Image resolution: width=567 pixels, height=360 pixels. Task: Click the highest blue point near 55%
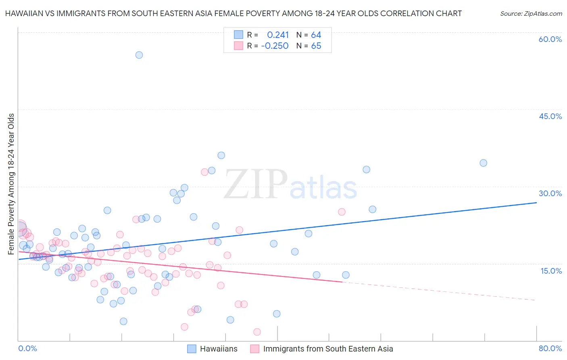coord(139,55)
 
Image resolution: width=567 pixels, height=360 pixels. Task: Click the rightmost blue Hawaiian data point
coord(483,163)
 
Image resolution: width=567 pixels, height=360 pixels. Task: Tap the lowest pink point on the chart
coord(257,332)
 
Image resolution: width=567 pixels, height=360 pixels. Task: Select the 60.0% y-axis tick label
coord(550,39)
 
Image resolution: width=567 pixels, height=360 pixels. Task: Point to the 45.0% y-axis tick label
coord(550,116)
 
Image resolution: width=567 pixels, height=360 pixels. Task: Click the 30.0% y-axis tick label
coord(550,193)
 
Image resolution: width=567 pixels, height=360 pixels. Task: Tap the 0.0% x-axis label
coord(27,348)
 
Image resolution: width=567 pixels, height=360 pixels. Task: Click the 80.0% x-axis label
coord(550,348)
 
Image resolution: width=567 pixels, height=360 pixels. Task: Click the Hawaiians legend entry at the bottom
coord(219,349)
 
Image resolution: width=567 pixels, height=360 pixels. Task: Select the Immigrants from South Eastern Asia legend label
coord(328,349)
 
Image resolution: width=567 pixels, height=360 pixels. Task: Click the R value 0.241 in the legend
coord(278,35)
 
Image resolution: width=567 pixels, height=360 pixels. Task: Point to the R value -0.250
coord(275,46)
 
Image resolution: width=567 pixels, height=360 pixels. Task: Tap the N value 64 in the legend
coord(316,35)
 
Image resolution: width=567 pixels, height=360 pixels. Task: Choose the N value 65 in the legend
coord(316,46)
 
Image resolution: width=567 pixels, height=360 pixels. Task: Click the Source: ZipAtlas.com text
coord(531,13)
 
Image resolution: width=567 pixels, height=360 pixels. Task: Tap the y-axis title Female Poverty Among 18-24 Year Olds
coord(11,184)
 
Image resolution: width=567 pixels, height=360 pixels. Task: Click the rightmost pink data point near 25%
coord(342,212)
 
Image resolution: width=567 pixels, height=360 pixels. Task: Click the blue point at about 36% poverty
coord(221,155)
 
